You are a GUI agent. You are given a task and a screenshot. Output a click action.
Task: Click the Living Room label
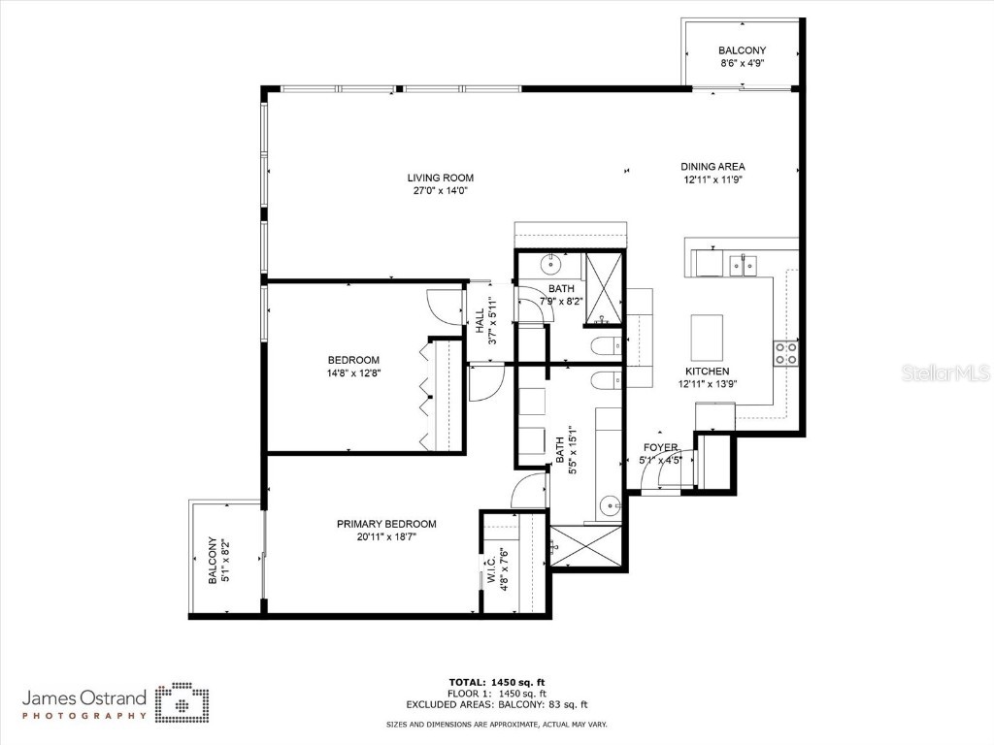(x=440, y=178)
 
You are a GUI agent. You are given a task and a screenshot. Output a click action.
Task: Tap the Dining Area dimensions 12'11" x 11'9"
(x=712, y=179)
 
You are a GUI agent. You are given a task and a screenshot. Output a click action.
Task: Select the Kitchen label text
(x=707, y=372)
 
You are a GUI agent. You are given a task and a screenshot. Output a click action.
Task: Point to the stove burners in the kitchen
(x=785, y=353)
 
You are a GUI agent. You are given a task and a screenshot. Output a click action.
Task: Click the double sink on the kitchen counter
(x=745, y=263)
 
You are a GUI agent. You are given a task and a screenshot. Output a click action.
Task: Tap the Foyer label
(x=660, y=447)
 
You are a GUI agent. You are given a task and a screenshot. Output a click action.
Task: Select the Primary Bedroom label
(x=386, y=524)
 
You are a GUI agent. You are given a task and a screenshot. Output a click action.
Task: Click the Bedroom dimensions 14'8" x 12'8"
(x=353, y=372)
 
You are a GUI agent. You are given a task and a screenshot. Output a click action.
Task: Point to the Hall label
(x=480, y=321)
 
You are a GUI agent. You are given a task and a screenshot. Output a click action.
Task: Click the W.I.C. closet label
(x=492, y=566)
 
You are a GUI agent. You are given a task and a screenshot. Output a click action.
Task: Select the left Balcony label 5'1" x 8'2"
(x=213, y=562)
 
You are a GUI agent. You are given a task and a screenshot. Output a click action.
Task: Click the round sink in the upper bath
(x=552, y=262)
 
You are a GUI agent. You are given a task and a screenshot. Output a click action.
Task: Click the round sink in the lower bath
(x=610, y=504)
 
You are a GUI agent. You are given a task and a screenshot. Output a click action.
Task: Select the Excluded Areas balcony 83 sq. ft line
(x=496, y=705)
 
